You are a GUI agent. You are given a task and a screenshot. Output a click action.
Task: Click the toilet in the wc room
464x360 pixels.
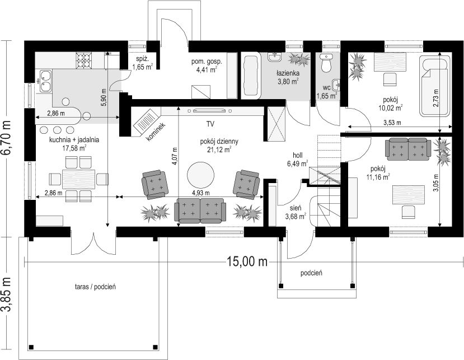click(326, 63)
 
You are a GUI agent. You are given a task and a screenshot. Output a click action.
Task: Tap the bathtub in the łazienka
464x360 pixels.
click(251, 76)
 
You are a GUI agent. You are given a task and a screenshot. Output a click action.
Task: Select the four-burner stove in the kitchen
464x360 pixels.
click(84, 60)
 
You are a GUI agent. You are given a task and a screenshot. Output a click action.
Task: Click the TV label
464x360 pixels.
click(210, 124)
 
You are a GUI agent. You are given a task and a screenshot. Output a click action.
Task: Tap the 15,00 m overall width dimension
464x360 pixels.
click(247, 261)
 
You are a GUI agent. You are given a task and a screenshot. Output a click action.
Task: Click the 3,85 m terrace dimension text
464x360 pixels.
click(6, 294)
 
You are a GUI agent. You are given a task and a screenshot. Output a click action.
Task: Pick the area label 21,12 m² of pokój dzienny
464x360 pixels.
click(219, 150)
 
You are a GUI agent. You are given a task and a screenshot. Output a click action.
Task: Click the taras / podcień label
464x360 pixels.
click(95, 287)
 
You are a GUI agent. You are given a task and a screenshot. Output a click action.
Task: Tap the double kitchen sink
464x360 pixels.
click(45, 81)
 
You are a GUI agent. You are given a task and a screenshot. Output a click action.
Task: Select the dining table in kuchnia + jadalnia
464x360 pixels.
click(79, 179)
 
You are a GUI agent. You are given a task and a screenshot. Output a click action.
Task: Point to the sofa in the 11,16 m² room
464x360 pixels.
click(408, 149)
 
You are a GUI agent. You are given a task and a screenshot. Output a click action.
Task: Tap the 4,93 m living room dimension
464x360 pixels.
click(200, 193)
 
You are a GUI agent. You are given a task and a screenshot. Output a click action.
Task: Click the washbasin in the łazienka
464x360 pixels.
click(275, 57)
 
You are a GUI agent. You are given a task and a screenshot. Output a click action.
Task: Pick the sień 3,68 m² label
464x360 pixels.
click(296, 213)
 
